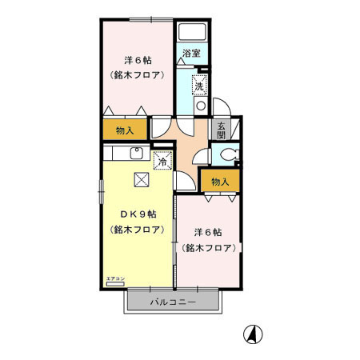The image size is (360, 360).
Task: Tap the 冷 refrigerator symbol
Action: [162, 161]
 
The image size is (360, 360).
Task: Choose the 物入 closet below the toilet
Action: [220, 182]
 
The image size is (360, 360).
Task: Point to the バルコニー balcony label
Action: [172, 302]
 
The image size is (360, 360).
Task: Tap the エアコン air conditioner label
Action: [116, 278]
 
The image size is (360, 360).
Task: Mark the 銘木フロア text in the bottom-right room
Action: [206, 248]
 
